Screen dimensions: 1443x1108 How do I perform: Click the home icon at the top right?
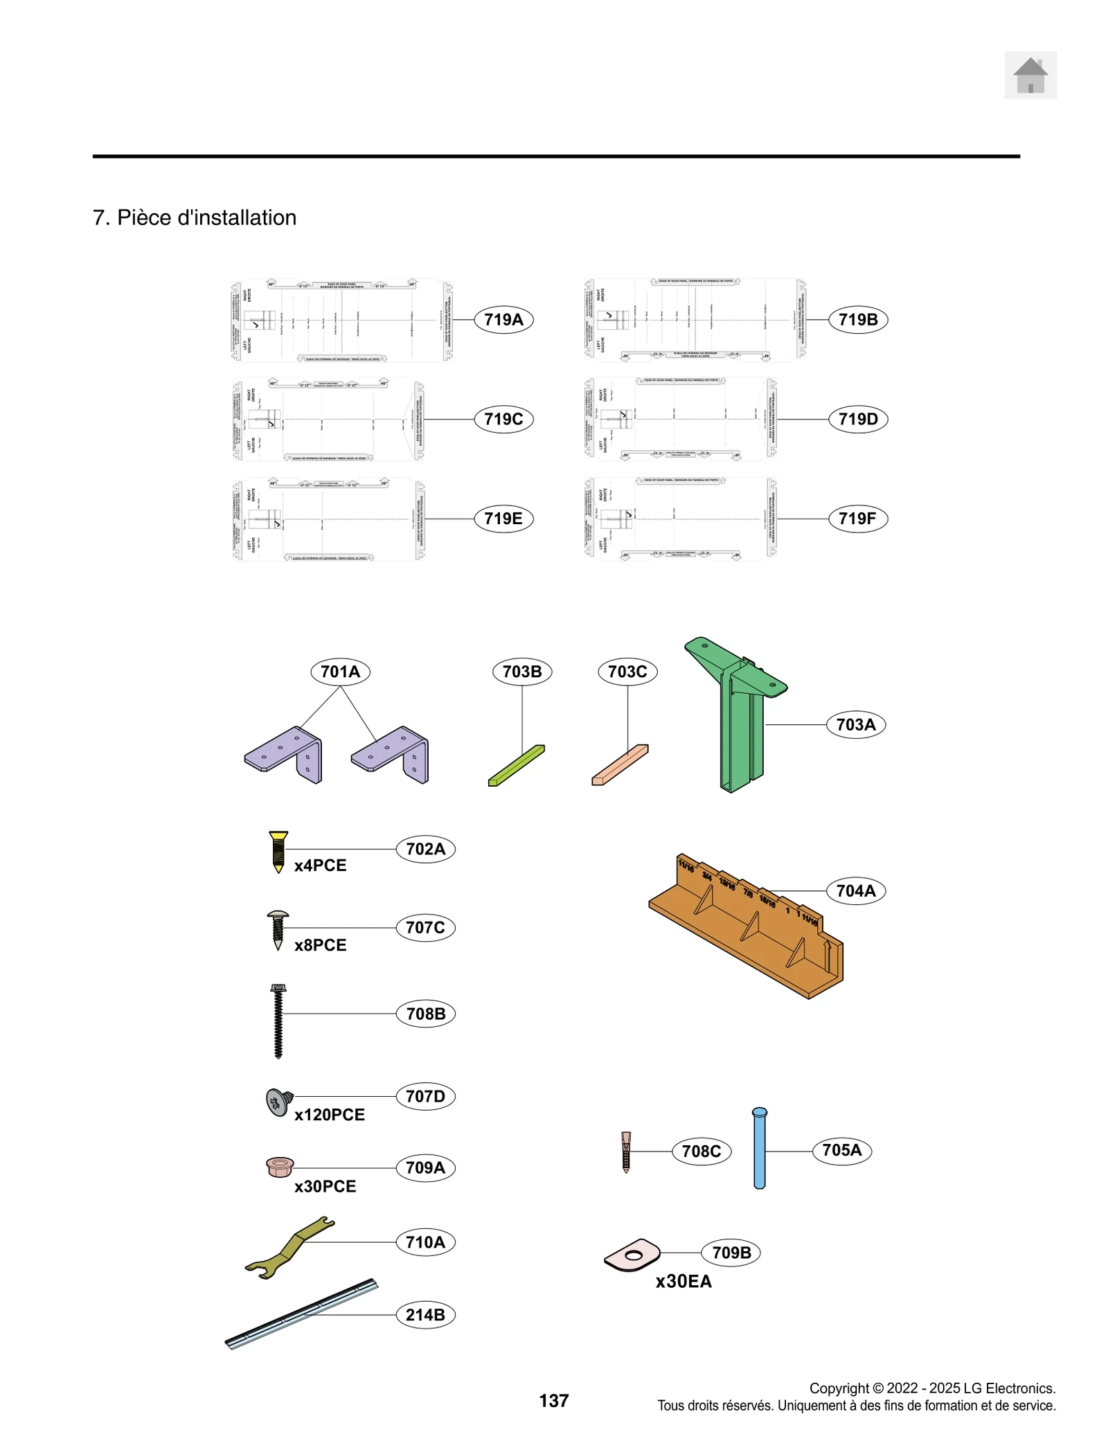pyautogui.click(x=1030, y=75)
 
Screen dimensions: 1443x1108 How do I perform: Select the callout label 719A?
pyautogui.click(x=503, y=319)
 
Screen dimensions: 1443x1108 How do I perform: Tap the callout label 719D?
pyautogui.click(x=857, y=419)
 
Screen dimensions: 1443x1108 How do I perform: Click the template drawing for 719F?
pyautogui.click(x=680, y=518)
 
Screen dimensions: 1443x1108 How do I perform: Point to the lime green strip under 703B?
pyautogui.click(x=517, y=765)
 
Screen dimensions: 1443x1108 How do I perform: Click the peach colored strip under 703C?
pyautogui.click(x=620, y=764)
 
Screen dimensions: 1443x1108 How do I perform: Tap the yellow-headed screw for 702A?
pyautogui.click(x=278, y=851)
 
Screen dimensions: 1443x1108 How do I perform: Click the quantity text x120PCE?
pyautogui.click(x=329, y=1114)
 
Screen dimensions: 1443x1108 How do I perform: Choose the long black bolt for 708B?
pyautogui.click(x=278, y=1021)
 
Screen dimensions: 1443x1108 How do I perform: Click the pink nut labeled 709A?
pyautogui.click(x=280, y=1167)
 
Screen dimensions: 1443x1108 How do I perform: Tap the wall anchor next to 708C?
pyautogui.click(x=626, y=1151)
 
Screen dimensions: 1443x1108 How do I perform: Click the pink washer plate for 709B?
pyautogui.click(x=632, y=1255)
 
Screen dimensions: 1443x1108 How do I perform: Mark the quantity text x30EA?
pyautogui.click(x=683, y=1281)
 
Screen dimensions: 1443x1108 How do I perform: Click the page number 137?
pyautogui.click(x=553, y=1400)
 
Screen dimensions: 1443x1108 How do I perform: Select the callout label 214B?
pyautogui.click(x=425, y=1314)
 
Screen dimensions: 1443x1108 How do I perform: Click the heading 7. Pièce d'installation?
pyautogui.click(x=195, y=217)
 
